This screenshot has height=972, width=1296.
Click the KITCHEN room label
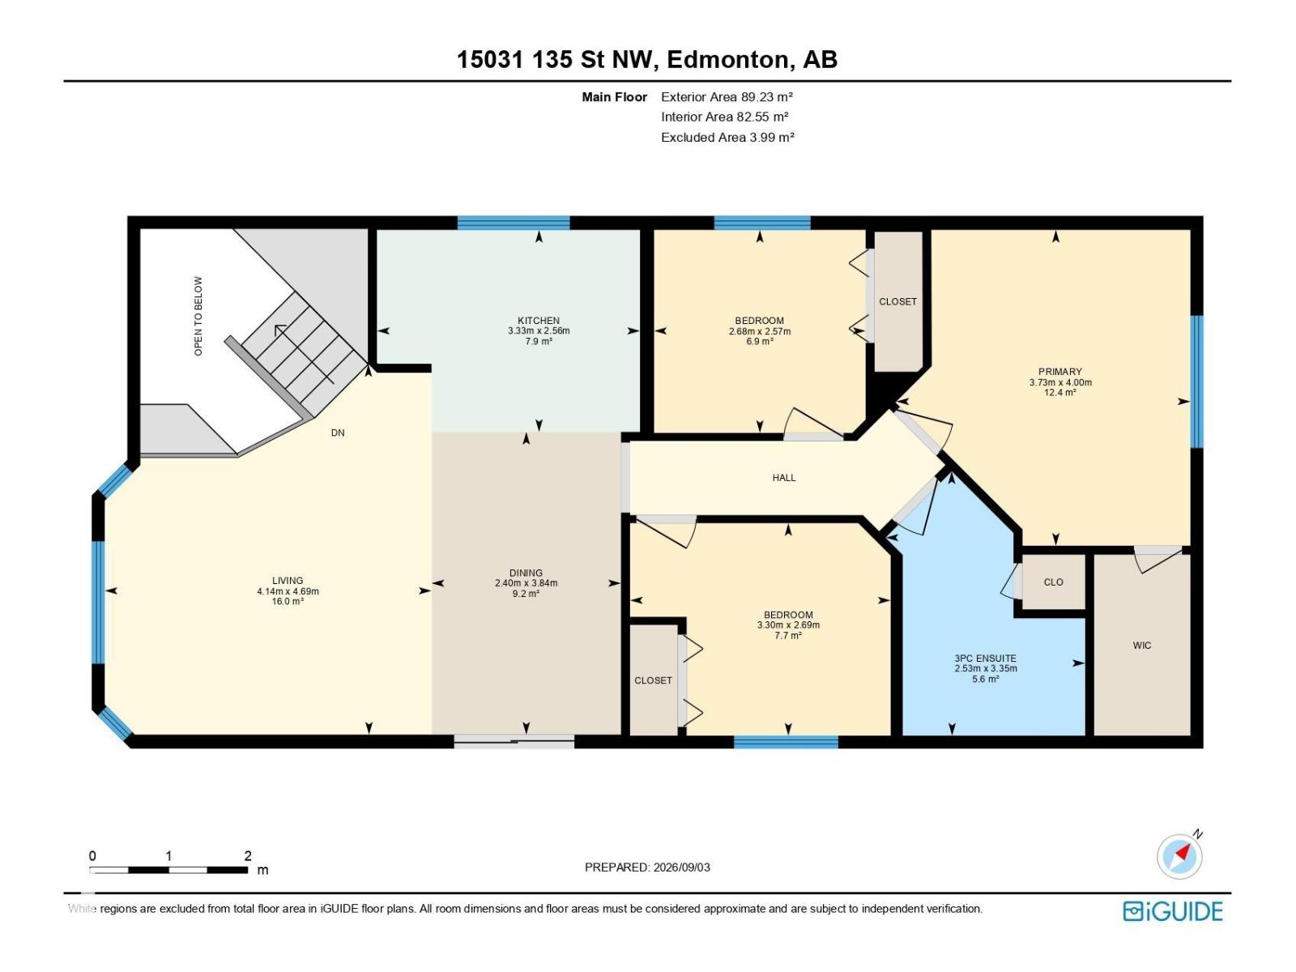[x=538, y=321]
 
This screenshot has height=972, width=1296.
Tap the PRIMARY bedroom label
[x=1059, y=372]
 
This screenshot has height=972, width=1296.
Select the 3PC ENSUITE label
[x=986, y=659]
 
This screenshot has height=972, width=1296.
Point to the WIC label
[x=1142, y=646]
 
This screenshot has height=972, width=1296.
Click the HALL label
[x=784, y=478]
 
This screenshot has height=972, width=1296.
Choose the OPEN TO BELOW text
[x=198, y=317]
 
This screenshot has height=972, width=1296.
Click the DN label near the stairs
[x=338, y=433]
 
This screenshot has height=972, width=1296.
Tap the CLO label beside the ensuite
[x=1053, y=582]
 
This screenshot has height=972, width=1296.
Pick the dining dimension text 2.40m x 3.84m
[x=526, y=583]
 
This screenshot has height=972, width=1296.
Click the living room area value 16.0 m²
[x=288, y=601]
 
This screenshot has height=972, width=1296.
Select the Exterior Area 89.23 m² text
[x=727, y=96]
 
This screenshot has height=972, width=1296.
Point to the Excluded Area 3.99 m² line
[x=727, y=138]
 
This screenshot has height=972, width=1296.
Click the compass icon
[x=1179, y=856]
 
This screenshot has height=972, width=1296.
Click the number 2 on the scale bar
[x=248, y=855]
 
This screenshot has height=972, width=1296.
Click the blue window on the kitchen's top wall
[x=513, y=223]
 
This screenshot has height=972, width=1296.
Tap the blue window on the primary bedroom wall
[x=1197, y=382]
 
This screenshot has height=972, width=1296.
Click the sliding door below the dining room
[x=514, y=742]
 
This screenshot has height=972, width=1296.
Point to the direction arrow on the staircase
[x=279, y=329]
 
